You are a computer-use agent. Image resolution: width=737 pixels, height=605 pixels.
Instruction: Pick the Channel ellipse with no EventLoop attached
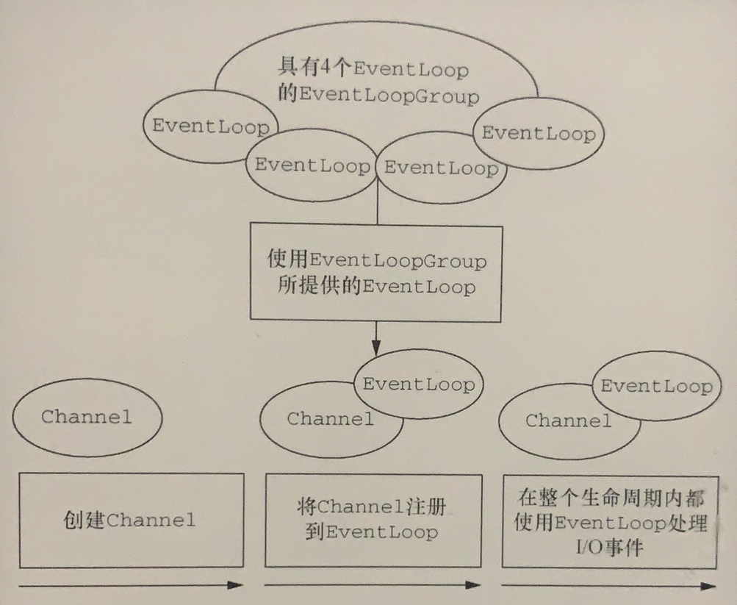point(87,418)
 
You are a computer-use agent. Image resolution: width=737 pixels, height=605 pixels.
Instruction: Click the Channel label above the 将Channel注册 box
point(330,420)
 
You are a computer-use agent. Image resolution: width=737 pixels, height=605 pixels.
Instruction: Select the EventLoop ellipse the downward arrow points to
point(418,383)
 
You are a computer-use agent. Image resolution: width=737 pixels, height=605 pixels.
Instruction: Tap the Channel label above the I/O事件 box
point(568,421)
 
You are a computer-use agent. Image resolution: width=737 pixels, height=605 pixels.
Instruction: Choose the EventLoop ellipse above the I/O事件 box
point(656,386)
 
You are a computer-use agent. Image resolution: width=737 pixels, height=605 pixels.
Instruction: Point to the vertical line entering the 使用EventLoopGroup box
point(377,210)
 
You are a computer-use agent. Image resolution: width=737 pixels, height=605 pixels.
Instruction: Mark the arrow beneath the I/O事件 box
point(608,586)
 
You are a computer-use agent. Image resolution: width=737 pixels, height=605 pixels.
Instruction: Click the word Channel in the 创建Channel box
point(151,521)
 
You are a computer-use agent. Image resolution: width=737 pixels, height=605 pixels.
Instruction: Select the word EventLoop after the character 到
point(381,532)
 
